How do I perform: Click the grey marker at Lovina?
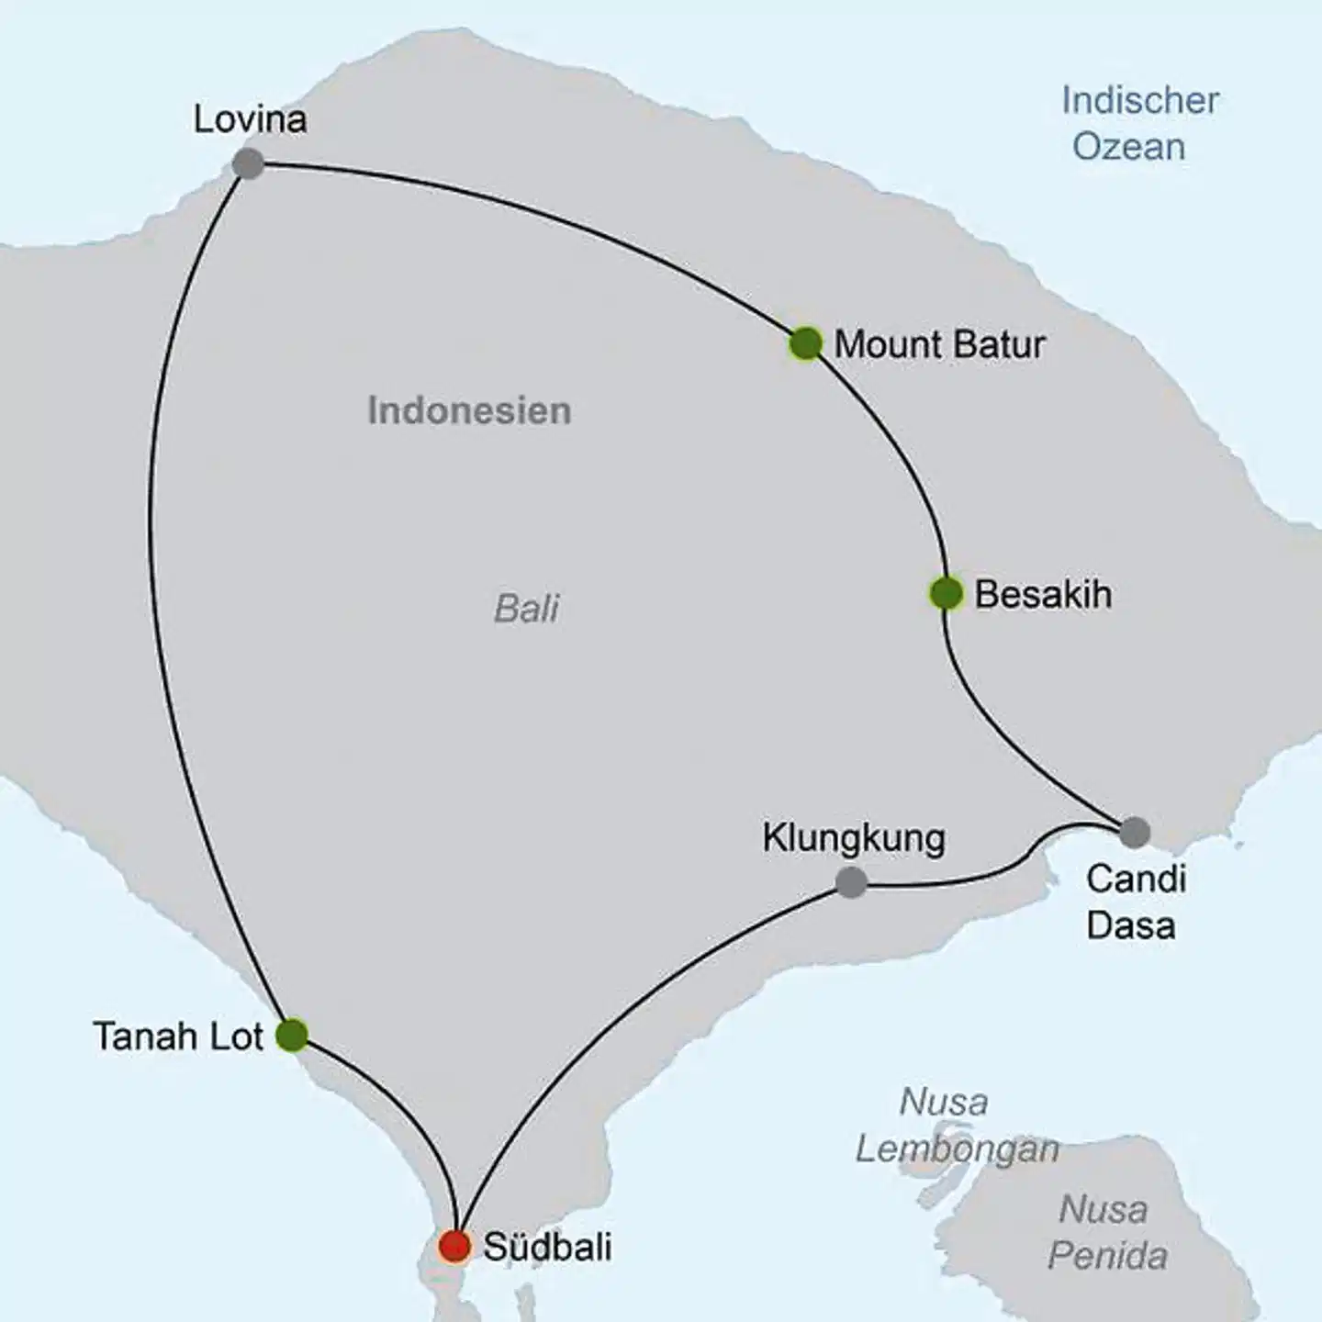click(248, 164)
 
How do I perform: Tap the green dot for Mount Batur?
click(805, 343)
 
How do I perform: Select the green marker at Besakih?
click(946, 593)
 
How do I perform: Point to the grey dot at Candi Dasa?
click(1135, 833)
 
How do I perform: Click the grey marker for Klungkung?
click(851, 882)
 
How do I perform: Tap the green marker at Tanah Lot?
click(292, 1035)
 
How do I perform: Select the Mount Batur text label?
click(939, 344)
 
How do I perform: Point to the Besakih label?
click(1043, 594)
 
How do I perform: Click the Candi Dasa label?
click(1135, 902)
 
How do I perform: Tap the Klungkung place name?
click(854, 838)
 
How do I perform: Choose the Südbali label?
click(547, 1247)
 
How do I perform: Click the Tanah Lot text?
click(178, 1036)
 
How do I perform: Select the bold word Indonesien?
click(469, 410)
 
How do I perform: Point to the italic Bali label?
click(526, 608)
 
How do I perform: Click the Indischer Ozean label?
click(1139, 123)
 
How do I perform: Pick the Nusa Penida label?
click(1106, 1232)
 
